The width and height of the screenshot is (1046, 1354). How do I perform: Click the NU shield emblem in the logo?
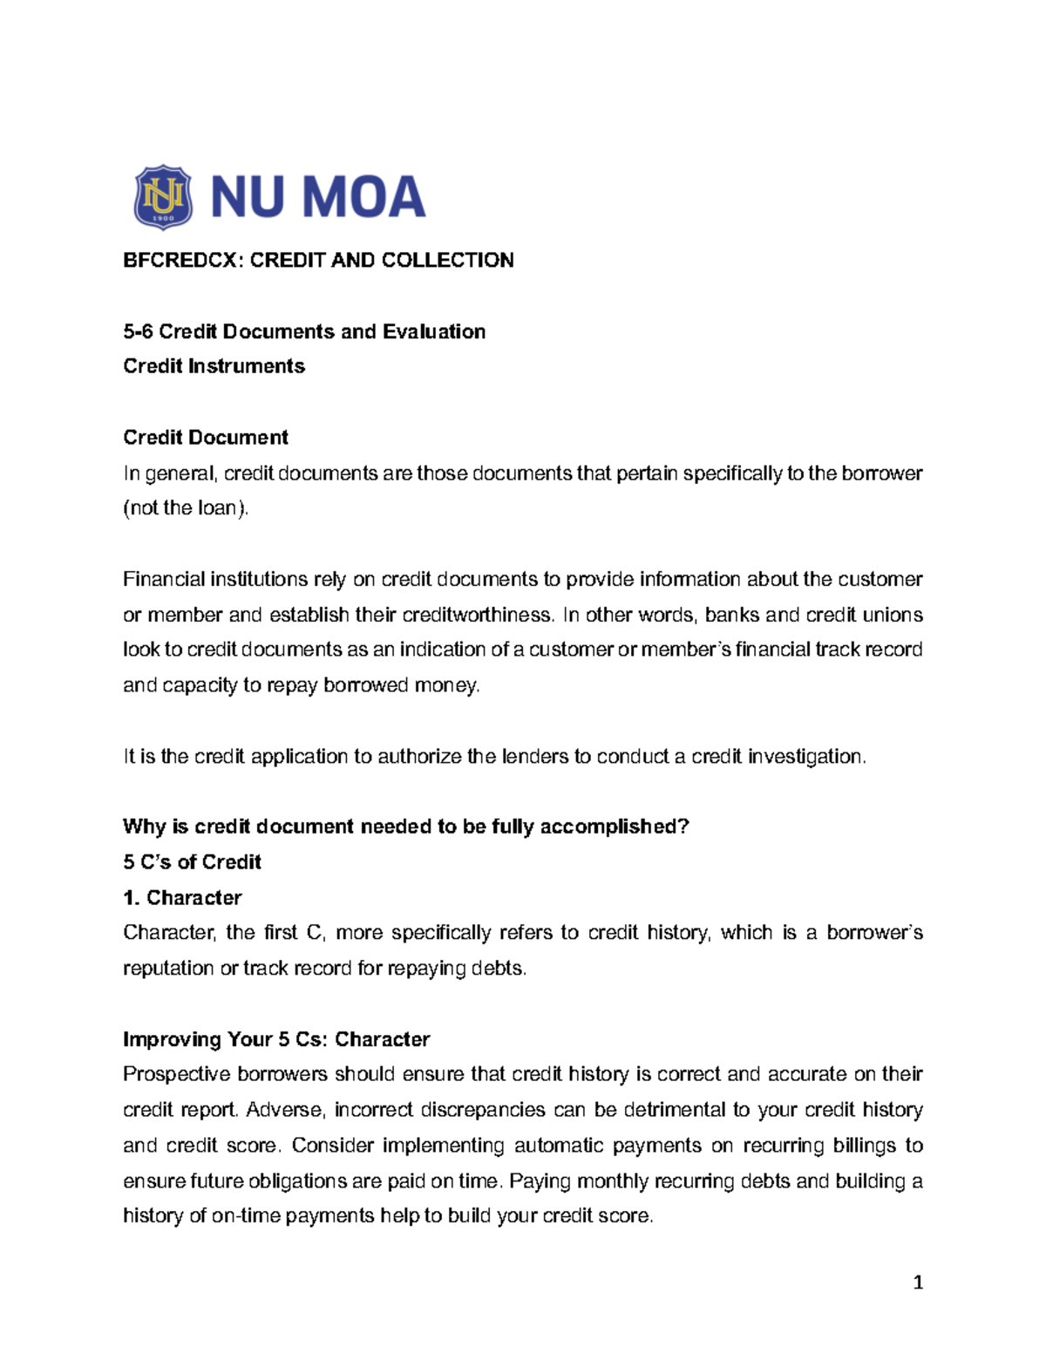pos(163,197)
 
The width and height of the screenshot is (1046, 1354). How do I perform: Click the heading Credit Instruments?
pos(214,366)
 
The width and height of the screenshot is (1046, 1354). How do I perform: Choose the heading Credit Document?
pos(205,437)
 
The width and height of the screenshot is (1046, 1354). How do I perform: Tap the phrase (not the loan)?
pos(186,508)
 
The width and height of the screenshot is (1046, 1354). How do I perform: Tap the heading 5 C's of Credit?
pos(192,862)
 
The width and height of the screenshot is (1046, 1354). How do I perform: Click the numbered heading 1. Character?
pos(182,898)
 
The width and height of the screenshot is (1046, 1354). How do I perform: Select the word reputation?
pos(168,969)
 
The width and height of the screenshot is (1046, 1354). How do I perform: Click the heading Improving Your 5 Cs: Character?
pos(276,1039)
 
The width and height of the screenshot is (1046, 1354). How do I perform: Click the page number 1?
pos(918,1283)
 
